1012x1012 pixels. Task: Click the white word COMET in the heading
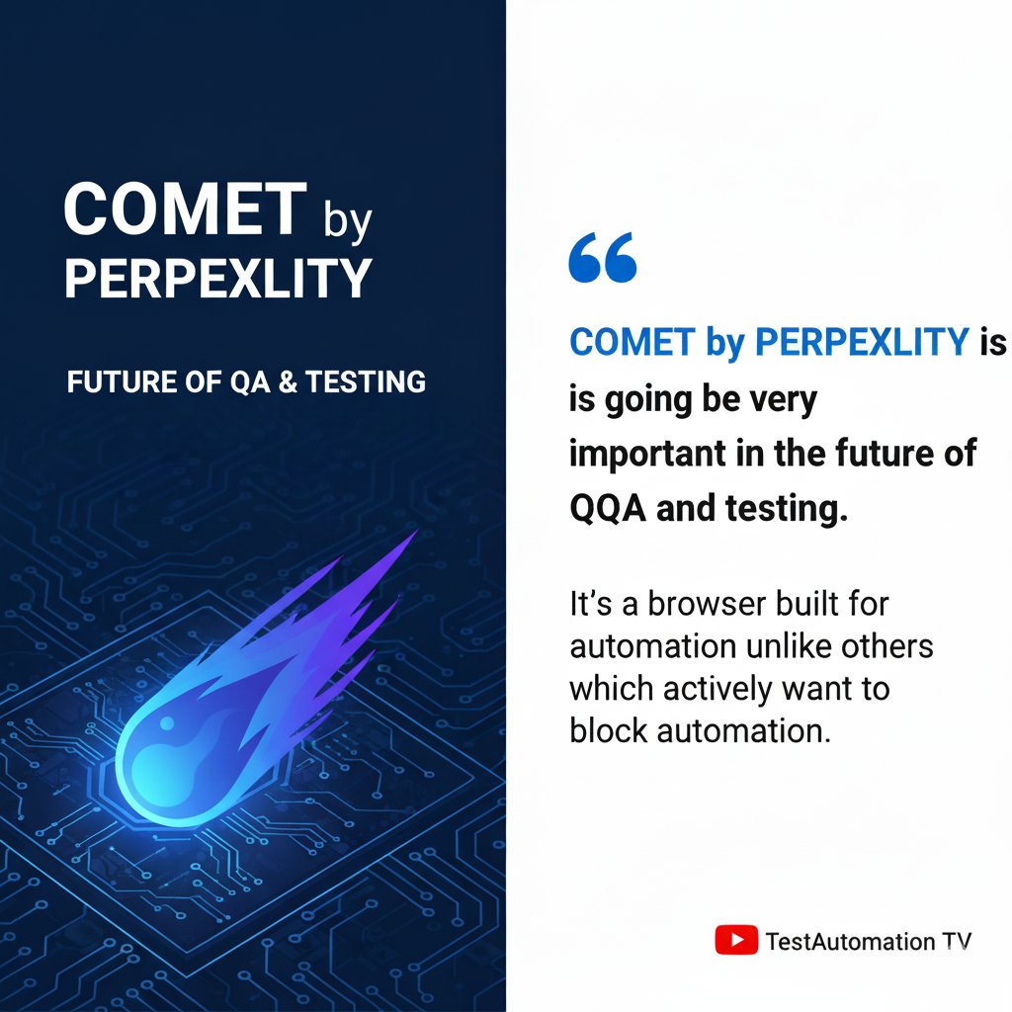[x=184, y=211]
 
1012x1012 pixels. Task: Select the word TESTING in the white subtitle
[x=367, y=381]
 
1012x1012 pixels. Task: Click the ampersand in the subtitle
[x=288, y=381]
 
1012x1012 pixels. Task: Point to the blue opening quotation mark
[x=603, y=259]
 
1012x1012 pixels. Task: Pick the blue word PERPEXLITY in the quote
[x=861, y=342]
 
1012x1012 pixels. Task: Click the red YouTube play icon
[x=736, y=940]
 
